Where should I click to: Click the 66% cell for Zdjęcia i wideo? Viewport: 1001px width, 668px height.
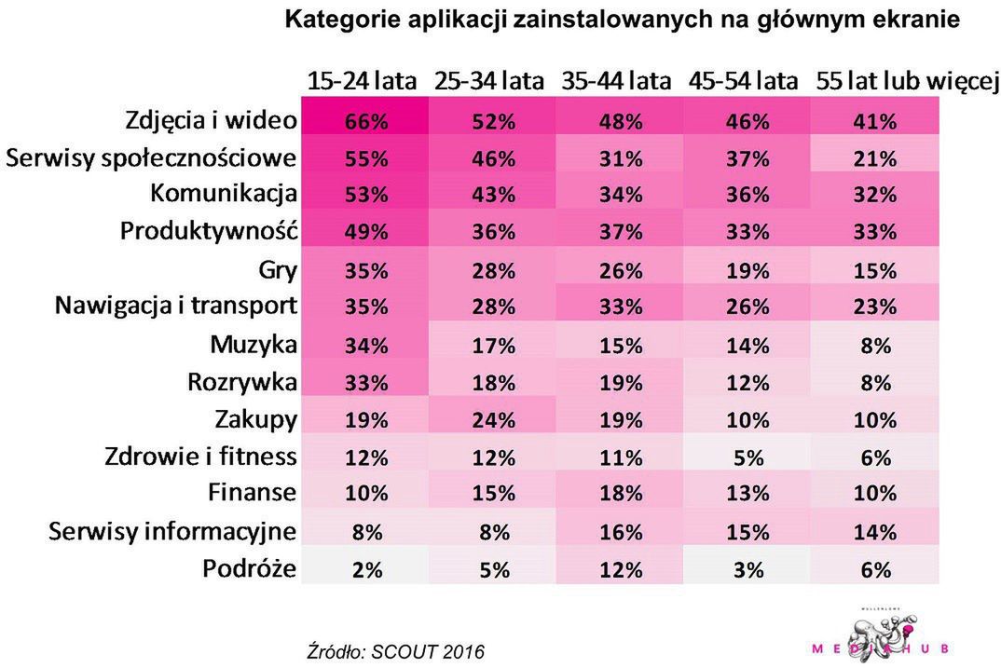365,122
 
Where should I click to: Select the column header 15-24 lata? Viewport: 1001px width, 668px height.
363,81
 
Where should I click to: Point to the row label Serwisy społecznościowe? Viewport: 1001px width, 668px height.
152,158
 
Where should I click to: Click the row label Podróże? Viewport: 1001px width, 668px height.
250,568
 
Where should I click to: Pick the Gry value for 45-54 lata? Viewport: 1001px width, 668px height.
747,271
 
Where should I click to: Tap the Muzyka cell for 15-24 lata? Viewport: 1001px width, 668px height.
365,346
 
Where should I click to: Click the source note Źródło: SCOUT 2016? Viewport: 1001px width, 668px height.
396,650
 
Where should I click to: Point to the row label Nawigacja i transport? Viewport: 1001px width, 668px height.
176,306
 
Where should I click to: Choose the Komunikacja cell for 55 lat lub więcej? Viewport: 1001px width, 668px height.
875,197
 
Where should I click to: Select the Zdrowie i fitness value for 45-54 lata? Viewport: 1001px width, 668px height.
747,457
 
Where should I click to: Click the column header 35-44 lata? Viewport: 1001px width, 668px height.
616,81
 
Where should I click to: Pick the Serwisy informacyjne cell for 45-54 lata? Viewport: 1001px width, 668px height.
747,532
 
